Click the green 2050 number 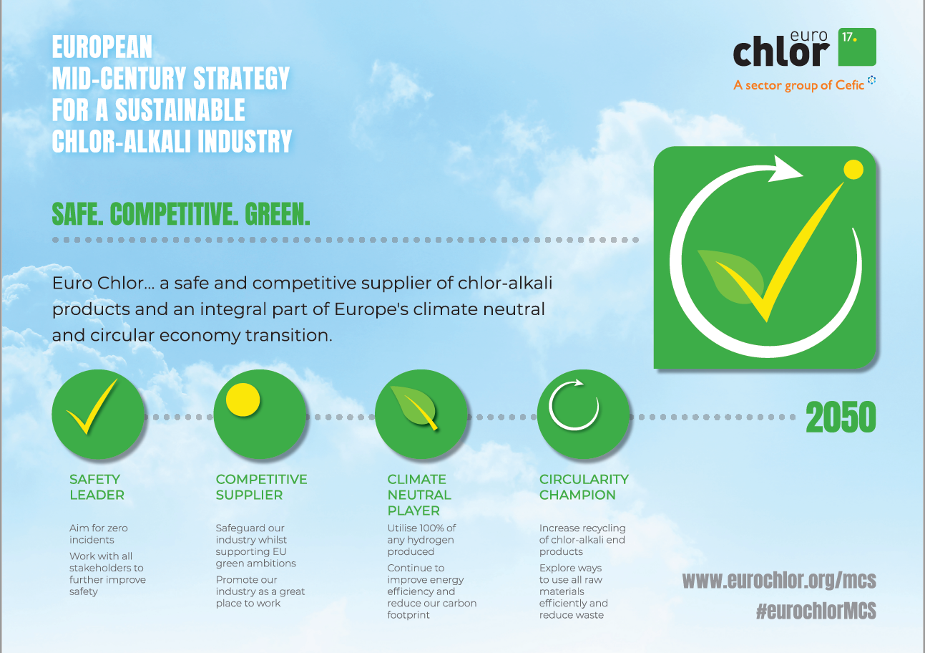pyautogui.click(x=841, y=417)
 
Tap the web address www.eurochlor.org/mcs pyautogui.click(x=779, y=580)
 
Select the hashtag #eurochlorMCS pyautogui.click(x=816, y=611)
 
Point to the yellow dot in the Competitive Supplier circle pyautogui.click(x=243, y=400)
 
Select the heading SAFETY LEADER pyautogui.click(x=97, y=487)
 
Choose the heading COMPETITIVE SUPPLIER pyautogui.click(x=261, y=487)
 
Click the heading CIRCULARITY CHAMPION pyautogui.click(x=584, y=487)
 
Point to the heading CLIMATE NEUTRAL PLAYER pyautogui.click(x=419, y=495)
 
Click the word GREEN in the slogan pyautogui.click(x=277, y=214)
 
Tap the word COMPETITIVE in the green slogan pyautogui.click(x=174, y=214)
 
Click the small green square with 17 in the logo pyautogui.click(x=857, y=47)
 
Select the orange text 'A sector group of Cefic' pyautogui.click(x=798, y=85)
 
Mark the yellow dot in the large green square pyautogui.click(x=853, y=170)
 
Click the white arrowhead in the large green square pyautogui.click(x=785, y=169)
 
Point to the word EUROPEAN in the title pyautogui.click(x=102, y=47)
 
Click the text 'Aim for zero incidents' pyautogui.click(x=99, y=533)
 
